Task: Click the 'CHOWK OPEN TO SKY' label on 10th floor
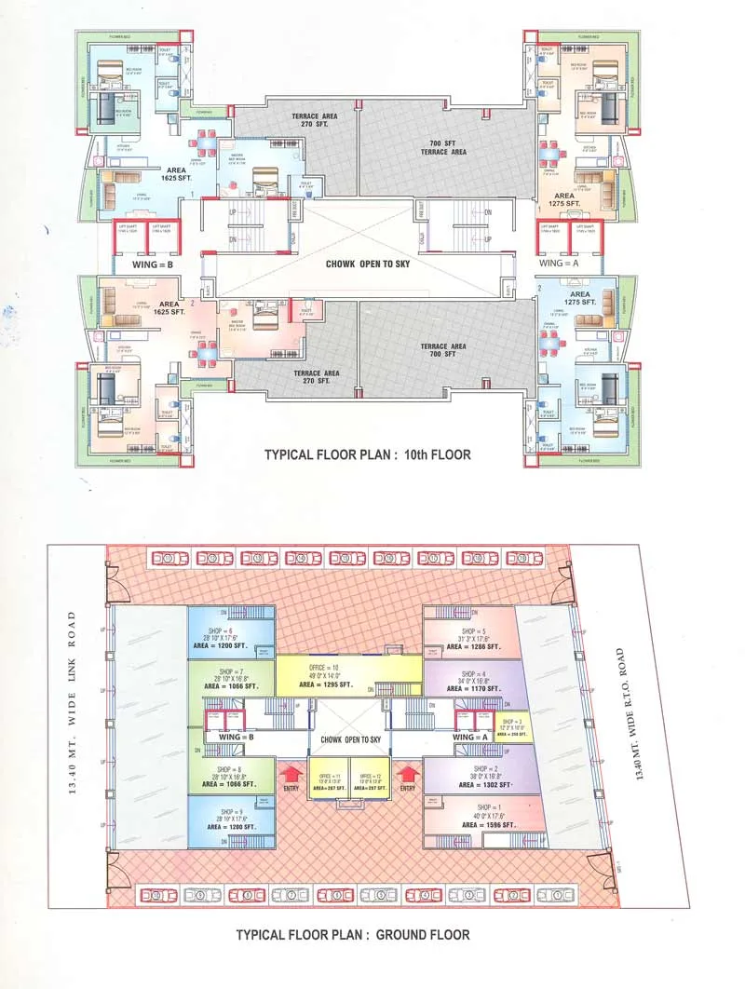point(368,264)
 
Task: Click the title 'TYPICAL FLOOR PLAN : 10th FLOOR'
point(367,455)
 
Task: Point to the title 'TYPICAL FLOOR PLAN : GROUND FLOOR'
point(352,934)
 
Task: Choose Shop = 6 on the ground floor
point(231,633)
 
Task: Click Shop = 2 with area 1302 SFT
point(480,778)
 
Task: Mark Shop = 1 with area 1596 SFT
point(480,816)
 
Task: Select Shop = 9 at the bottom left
point(231,820)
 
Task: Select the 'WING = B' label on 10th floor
point(146,264)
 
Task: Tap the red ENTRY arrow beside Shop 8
point(291,775)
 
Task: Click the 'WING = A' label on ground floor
point(470,737)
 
